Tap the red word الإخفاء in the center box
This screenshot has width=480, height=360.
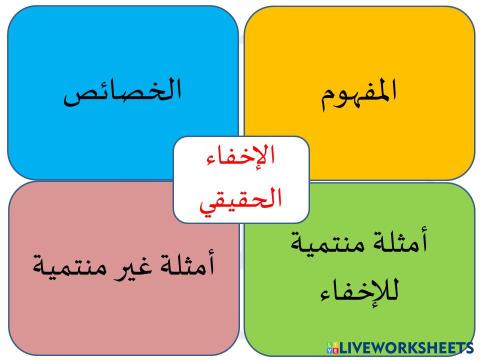pos(240,160)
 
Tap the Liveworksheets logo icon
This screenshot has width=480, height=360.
pos(332,347)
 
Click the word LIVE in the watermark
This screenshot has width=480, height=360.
pos(354,347)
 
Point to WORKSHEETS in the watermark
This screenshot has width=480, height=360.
pos(421,347)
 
